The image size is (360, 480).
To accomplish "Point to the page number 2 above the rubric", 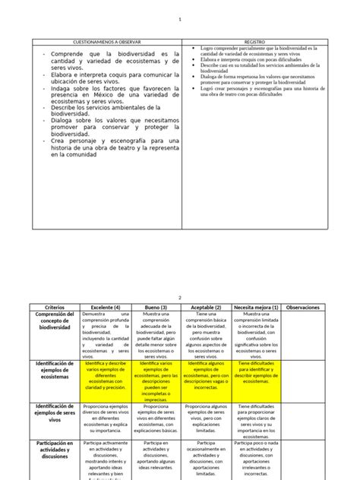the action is [179, 298].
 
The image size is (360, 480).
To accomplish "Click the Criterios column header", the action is [50, 308].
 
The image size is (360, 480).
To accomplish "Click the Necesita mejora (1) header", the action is [256, 308].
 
